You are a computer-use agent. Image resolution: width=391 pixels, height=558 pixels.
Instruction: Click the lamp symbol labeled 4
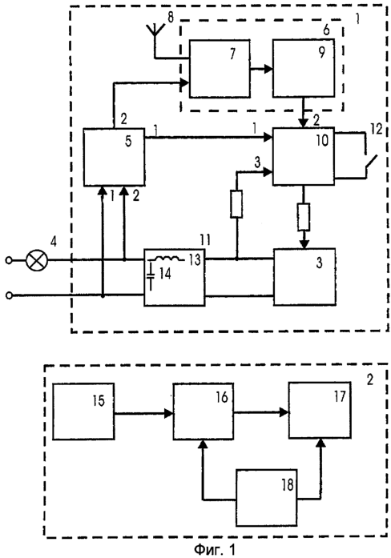37,260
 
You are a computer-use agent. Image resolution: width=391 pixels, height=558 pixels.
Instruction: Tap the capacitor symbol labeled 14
151,276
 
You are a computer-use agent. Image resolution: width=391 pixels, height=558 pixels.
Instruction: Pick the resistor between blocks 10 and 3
304,217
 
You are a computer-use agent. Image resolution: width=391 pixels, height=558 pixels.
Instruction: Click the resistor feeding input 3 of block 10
236,204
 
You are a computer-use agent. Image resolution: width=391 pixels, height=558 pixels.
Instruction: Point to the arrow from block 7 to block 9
261,69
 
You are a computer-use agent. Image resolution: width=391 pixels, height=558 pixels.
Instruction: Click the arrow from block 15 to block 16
143,413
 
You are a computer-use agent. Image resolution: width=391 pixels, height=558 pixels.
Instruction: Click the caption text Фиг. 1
215,549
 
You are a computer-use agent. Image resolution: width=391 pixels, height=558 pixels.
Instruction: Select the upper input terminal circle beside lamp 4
9,260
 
